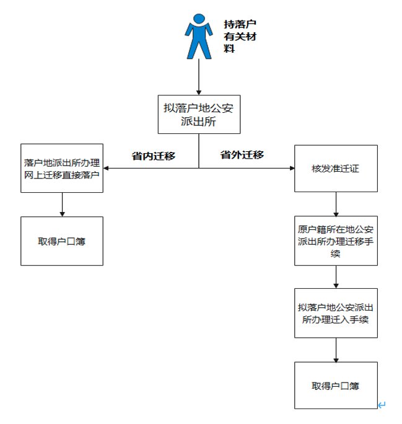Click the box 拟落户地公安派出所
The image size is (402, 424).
click(198, 113)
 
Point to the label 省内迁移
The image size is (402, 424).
click(154, 156)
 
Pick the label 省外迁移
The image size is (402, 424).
click(242, 155)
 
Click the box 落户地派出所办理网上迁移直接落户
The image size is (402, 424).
click(62, 167)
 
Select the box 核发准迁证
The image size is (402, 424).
click(336, 168)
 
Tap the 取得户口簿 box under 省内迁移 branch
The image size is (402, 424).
click(62, 241)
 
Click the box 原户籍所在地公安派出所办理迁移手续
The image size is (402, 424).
click(336, 241)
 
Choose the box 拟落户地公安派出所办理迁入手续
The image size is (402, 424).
click(336, 313)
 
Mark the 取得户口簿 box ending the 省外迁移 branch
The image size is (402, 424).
click(336, 386)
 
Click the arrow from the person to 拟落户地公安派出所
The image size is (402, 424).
click(198, 77)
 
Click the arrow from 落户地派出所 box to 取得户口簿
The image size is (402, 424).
click(62, 204)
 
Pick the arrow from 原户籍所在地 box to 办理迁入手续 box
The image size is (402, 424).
click(336, 276)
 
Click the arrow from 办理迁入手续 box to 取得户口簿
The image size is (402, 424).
click(336, 350)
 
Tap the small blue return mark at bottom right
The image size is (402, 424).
click(382, 405)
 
